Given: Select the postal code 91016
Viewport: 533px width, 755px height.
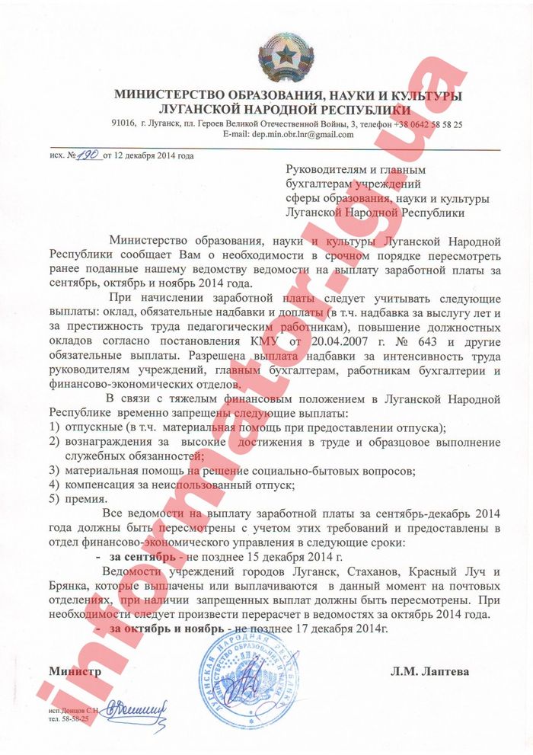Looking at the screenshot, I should [x=123, y=123].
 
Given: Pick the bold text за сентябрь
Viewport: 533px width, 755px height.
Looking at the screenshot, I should [x=139, y=558].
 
